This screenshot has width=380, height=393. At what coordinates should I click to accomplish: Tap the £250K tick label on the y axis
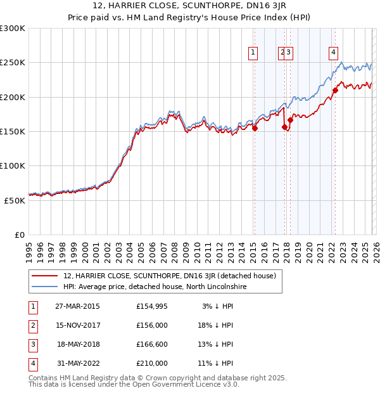click(13, 63)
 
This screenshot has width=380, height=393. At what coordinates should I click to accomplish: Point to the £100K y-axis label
click(13, 165)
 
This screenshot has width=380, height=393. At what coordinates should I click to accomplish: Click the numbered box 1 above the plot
click(253, 53)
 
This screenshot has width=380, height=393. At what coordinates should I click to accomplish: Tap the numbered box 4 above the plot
click(333, 53)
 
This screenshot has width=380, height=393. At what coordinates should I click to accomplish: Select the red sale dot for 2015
click(255, 128)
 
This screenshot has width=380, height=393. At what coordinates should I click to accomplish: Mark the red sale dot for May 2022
click(335, 90)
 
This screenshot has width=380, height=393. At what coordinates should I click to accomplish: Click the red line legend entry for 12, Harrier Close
click(168, 276)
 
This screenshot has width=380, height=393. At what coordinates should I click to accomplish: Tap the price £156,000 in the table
click(152, 325)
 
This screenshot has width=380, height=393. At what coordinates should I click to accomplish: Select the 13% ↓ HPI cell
click(215, 344)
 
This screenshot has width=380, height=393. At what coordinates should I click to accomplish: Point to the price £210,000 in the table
click(152, 363)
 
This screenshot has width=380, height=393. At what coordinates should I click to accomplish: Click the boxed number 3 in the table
click(32, 344)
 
